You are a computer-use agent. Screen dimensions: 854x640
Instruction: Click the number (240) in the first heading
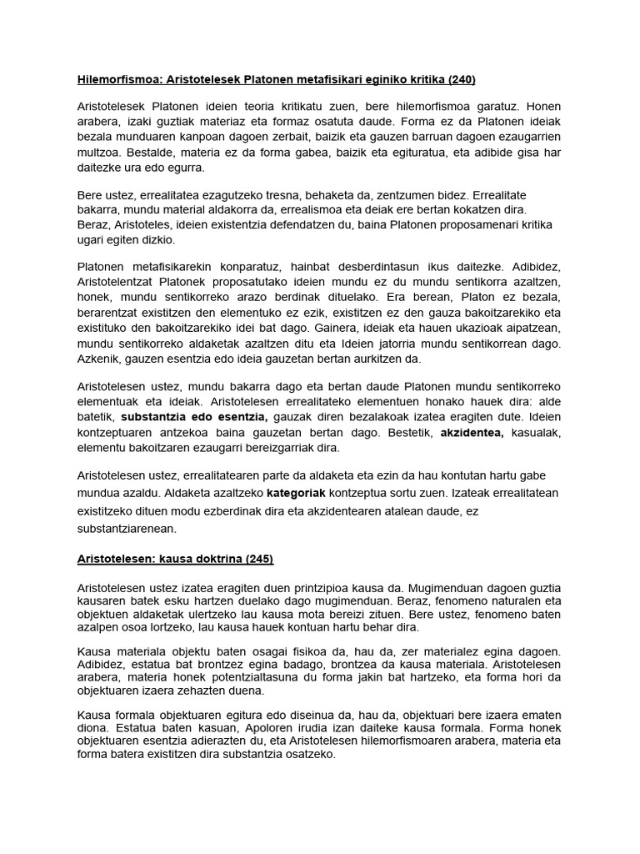click(461, 79)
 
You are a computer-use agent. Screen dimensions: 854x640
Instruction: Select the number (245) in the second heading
click(257, 558)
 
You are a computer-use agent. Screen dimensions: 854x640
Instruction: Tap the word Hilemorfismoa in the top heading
click(115, 79)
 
